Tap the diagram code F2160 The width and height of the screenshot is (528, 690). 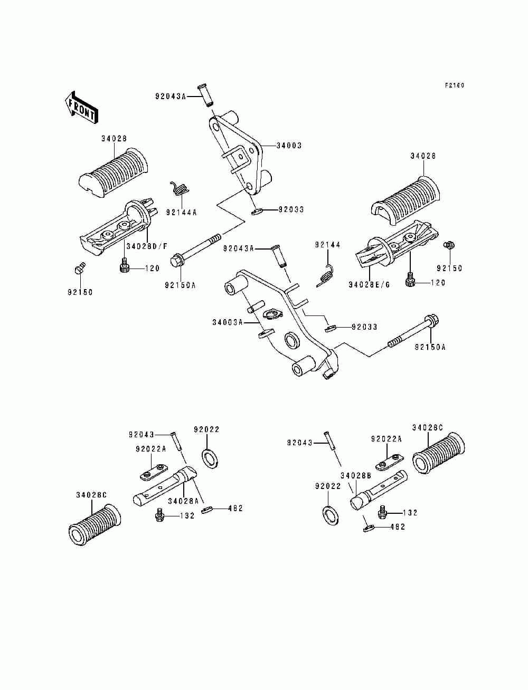pyautogui.click(x=455, y=85)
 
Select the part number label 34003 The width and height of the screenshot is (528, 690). pyautogui.click(x=289, y=146)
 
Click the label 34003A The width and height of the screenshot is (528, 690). pyautogui.click(x=228, y=322)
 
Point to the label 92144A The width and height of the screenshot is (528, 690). pyautogui.click(x=181, y=213)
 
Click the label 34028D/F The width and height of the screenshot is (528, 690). pyautogui.click(x=147, y=246)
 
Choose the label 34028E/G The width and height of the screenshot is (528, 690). pyautogui.click(x=369, y=285)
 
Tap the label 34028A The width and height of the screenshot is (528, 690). pyautogui.click(x=183, y=501)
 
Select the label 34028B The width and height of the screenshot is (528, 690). pyautogui.click(x=355, y=476)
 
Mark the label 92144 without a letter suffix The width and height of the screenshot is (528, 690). pyautogui.click(x=328, y=245)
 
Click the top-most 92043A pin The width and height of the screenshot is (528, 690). pyautogui.click(x=205, y=95)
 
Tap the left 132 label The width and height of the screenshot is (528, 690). pyautogui.click(x=187, y=516)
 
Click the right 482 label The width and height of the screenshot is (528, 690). pyautogui.click(x=398, y=527)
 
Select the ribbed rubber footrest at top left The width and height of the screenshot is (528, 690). pyautogui.click(x=112, y=172)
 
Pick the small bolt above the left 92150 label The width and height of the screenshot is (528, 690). pyautogui.click(x=79, y=268)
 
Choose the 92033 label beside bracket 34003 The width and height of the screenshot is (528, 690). pyautogui.click(x=291, y=209)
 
